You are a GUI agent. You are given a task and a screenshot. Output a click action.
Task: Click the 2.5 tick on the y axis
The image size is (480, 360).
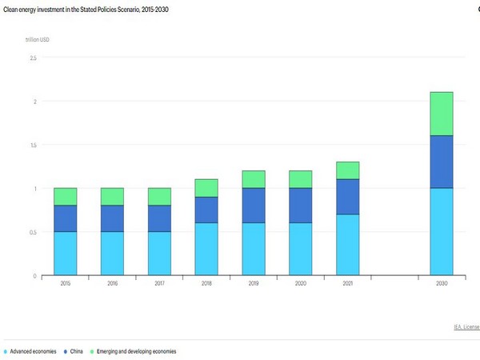33,58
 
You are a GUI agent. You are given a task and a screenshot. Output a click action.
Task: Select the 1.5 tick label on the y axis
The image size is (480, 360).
33,145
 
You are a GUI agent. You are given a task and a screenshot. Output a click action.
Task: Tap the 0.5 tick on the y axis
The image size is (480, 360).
33,232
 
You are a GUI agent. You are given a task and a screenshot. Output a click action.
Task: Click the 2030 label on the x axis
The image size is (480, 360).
441,284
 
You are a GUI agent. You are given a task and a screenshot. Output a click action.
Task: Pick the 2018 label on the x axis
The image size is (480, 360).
206,284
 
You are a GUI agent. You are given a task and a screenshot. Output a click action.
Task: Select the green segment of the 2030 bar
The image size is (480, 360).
441,114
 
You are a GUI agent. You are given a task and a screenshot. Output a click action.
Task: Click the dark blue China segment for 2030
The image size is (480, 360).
441,162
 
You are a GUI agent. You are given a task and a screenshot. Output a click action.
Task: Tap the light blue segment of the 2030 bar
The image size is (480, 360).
441,231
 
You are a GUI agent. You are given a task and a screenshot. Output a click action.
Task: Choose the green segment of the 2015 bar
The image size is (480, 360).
66,197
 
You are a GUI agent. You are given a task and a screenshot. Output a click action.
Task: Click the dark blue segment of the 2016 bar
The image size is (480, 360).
112,218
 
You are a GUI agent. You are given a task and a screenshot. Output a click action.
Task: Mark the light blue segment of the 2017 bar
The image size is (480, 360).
159,253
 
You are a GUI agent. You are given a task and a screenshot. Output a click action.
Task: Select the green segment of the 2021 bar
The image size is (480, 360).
347,170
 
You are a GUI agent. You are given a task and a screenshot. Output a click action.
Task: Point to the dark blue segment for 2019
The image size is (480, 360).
254,206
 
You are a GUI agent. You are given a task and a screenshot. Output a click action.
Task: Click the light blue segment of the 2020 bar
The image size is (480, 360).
300,249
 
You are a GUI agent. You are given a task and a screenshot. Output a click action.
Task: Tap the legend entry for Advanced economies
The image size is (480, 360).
32,351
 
